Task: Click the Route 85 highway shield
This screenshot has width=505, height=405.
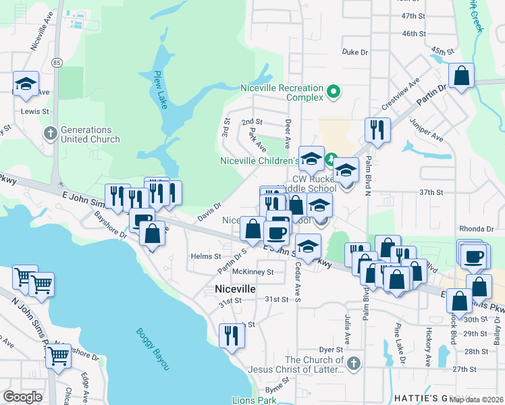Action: [x=56, y=63]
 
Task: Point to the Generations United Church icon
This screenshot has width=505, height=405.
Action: [x=49, y=133]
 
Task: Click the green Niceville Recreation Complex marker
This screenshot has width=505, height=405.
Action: [x=332, y=91]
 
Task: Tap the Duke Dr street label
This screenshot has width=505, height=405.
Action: [x=354, y=52]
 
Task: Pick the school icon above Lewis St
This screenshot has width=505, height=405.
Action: [x=26, y=84]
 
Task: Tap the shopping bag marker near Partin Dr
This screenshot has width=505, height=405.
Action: [x=462, y=77]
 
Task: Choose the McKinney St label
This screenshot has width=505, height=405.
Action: [x=252, y=272]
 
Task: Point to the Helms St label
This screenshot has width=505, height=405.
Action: [x=206, y=256]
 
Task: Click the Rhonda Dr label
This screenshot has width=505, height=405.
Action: [x=477, y=229]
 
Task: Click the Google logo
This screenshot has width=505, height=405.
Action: [x=22, y=397]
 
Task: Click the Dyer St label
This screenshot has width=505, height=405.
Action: [x=331, y=350]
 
